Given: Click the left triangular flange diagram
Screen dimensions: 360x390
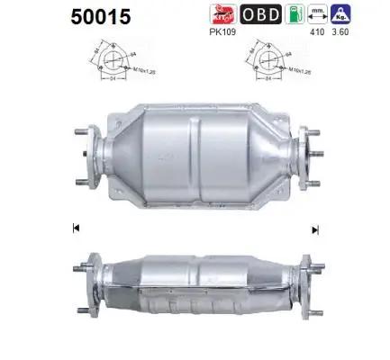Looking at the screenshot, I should click(111, 61).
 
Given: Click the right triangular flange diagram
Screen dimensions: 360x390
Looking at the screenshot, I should click(263, 61).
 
